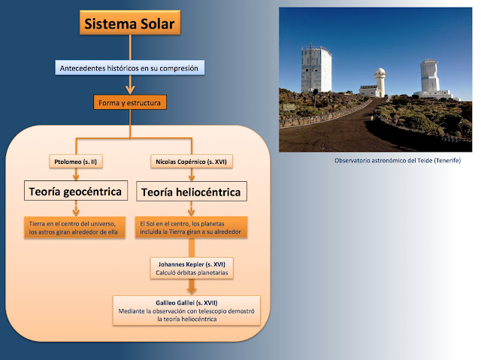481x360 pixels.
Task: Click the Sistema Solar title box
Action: click(x=132, y=26)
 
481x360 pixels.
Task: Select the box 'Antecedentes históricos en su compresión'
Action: click(x=131, y=68)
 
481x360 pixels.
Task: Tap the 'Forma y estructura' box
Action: click(x=131, y=102)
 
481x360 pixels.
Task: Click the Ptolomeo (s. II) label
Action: click(x=74, y=162)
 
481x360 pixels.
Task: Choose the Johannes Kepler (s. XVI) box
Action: click(x=192, y=268)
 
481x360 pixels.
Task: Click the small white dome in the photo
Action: click(x=380, y=77)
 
